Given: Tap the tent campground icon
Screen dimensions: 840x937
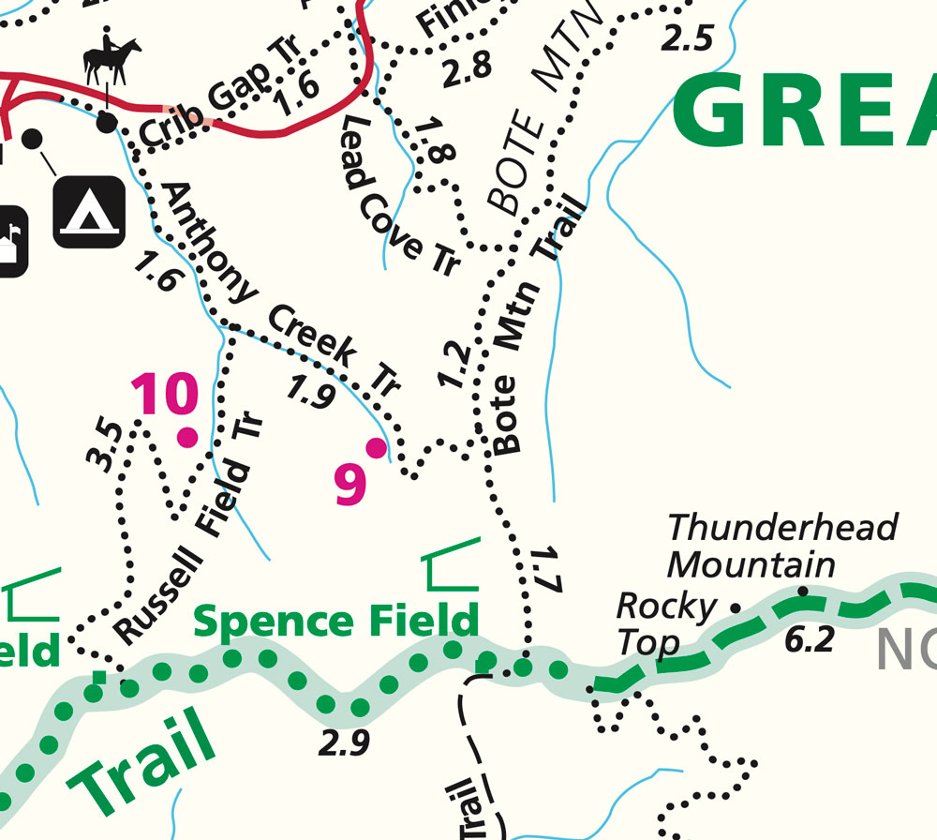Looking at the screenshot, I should [x=89, y=212].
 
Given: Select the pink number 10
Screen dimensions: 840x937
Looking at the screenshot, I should [x=165, y=395].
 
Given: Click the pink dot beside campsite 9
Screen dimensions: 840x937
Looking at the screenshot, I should [x=376, y=448].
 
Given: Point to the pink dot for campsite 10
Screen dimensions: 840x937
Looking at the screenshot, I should [x=188, y=437].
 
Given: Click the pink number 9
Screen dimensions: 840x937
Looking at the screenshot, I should [x=350, y=485].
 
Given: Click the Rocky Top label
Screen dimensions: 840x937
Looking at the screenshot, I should [x=665, y=623].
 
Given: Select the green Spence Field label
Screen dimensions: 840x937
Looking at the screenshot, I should [x=335, y=621].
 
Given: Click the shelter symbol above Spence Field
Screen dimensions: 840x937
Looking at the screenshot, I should [x=453, y=566].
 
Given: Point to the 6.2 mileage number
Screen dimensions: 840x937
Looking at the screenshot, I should [x=811, y=640].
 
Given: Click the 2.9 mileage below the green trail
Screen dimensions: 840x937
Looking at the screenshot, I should [x=343, y=742].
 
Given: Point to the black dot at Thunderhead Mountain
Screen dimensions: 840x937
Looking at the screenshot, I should [x=802, y=592].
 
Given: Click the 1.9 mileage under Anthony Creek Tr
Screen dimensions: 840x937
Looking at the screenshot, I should [x=311, y=393].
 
